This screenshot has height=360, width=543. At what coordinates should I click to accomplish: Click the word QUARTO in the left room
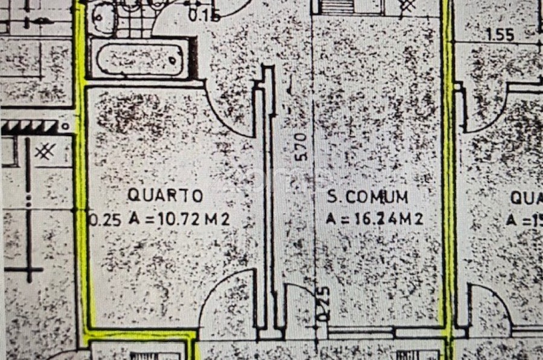click(x=165, y=195)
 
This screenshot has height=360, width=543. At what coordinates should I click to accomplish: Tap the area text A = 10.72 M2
click(x=179, y=219)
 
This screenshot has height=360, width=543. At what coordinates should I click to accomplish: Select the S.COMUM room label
click(x=367, y=197)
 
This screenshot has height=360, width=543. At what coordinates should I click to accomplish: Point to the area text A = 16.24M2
click(x=374, y=219)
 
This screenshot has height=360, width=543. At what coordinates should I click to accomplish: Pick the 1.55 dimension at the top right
click(x=500, y=35)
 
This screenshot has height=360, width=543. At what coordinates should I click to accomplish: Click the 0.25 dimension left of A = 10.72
click(x=99, y=219)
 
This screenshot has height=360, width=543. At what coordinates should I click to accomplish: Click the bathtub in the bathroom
click(x=143, y=58)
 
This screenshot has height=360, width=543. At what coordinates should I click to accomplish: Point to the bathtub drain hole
click(x=173, y=59)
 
